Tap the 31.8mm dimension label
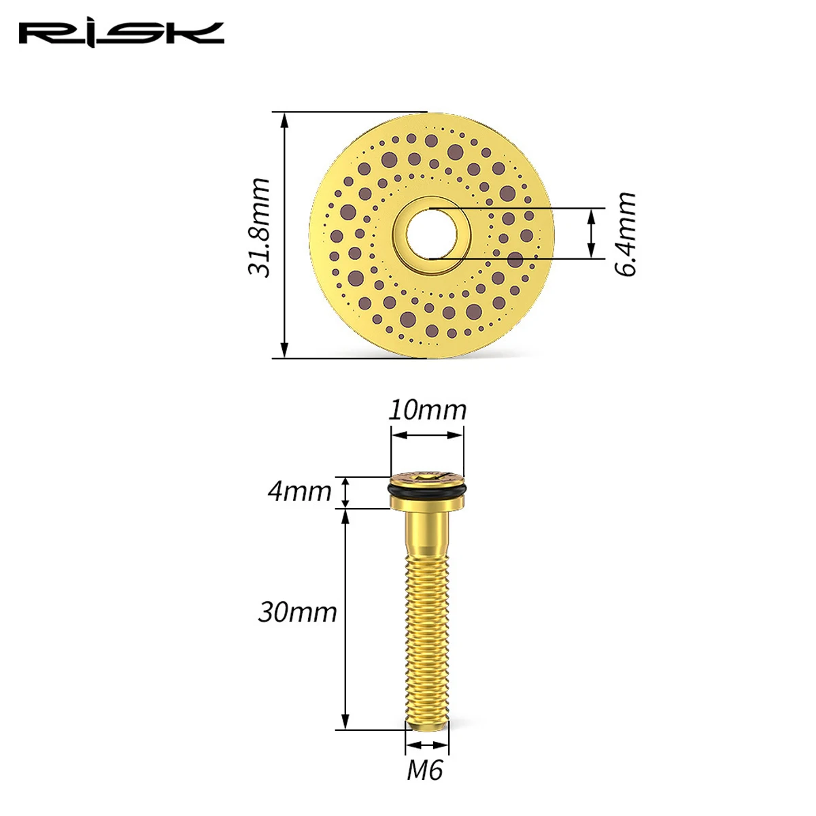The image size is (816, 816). (259, 228)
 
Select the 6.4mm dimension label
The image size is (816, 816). (625, 234)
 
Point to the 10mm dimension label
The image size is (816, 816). (427, 410)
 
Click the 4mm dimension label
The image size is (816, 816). (299, 492)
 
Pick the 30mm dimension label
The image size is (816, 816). (297, 612)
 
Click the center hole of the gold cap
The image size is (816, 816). (432, 233)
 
